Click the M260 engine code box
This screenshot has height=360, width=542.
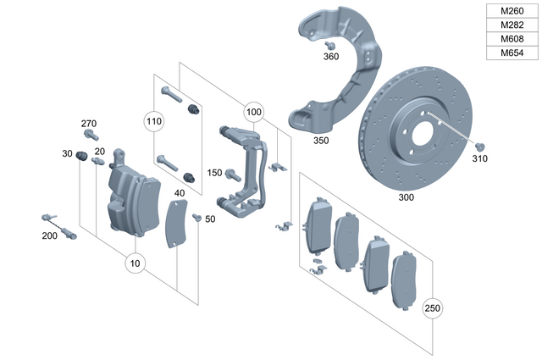point(512,11)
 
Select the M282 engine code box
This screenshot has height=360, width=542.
point(512,25)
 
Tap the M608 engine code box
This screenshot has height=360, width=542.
point(512,39)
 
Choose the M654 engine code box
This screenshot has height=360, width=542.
point(512,53)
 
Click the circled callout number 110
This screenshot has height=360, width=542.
point(153,121)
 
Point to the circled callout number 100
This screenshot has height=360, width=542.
point(253,111)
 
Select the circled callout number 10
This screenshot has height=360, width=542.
point(135,263)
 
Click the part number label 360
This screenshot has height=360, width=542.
point(330,57)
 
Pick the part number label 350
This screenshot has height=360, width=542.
point(321,140)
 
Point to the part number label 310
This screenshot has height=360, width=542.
point(480,158)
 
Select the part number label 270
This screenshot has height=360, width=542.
point(89,124)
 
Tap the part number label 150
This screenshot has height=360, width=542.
point(214,173)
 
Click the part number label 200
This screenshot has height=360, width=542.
point(51,235)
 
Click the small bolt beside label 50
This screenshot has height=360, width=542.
point(196,218)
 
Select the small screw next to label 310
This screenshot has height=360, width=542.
point(480,144)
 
